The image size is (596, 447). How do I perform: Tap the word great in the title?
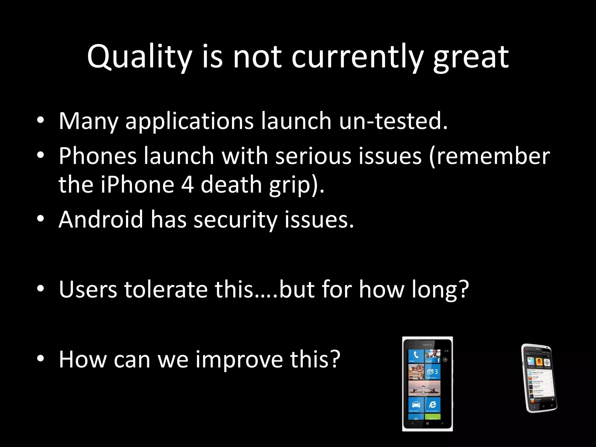(x=471, y=57)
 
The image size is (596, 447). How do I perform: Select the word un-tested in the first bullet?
(x=393, y=120)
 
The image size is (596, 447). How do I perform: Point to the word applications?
(x=189, y=121)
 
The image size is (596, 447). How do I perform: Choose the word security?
(x=235, y=220)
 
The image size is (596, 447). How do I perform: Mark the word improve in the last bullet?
(x=239, y=359)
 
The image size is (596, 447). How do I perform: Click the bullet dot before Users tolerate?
(x=40, y=289)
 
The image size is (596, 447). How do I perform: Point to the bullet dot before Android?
(x=40, y=219)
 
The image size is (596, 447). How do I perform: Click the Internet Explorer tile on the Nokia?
(x=432, y=405)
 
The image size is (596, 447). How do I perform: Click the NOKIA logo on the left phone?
(x=427, y=345)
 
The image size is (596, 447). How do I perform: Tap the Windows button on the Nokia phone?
(x=427, y=423)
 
